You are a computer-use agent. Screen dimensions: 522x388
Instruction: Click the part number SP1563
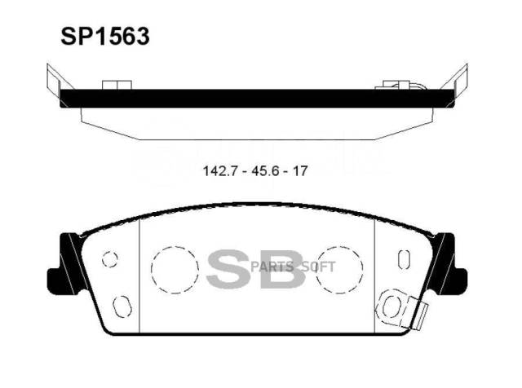click(x=105, y=36)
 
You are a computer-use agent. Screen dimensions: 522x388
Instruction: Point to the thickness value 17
click(x=299, y=171)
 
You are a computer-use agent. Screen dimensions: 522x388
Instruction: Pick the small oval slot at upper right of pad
click(x=399, y=259)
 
